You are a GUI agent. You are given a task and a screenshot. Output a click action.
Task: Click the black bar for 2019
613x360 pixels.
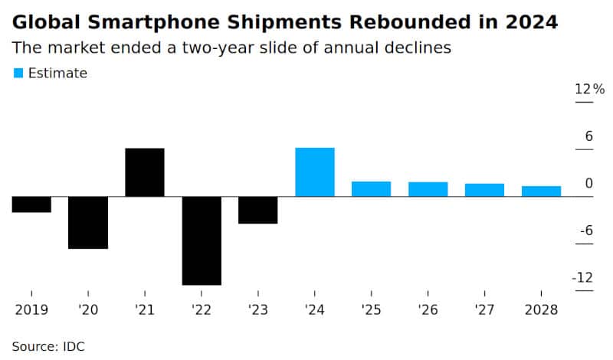(x=31, y=204)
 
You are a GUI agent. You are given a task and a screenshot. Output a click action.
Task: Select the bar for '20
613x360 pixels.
(x=88, y=222)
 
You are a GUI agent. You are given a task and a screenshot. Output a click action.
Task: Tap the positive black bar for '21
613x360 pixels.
(x=145, y=172)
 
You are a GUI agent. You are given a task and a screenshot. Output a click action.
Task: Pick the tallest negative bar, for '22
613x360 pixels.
(x=202, y=241)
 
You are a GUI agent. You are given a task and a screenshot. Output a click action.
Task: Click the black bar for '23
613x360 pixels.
(x=258, y=210)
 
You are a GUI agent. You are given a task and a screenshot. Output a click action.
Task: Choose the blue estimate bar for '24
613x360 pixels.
(x=315, y=172)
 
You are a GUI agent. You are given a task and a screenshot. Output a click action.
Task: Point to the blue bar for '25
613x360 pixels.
(x=372, y=188)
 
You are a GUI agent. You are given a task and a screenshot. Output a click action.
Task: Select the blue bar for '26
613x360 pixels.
(x=428, y=189)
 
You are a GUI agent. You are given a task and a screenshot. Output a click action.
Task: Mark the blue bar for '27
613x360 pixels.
(x=485, y=190)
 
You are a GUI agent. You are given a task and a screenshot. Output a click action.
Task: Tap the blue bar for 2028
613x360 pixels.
(x=542, y=191)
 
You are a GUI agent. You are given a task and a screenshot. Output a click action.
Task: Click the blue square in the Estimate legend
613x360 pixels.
(x=18, y=73)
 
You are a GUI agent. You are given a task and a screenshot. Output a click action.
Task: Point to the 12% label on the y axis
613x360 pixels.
(x=589, y=89)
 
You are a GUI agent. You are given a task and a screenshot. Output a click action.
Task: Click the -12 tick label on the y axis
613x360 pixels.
(x=582, y=277)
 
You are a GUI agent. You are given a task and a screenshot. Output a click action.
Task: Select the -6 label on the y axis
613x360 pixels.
(x=586, y=231)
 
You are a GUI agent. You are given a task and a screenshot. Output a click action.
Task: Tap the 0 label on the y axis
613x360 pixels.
(x=589, y=183)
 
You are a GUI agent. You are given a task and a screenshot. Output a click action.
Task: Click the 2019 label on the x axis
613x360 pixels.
(x=31, y=310)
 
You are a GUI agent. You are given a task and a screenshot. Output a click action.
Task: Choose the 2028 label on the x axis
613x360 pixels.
(x=542, y=310)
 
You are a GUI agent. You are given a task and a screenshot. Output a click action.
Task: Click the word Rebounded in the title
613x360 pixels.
(x=410, y=22)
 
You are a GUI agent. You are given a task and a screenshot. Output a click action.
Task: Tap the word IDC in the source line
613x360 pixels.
(x=74, y=347)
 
